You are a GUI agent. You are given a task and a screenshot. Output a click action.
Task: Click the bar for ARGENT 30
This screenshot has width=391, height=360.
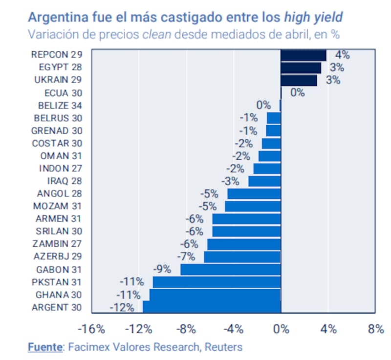(x=212, y=307)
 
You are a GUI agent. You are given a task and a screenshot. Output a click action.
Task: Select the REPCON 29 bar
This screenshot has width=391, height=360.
(x=303, y=55)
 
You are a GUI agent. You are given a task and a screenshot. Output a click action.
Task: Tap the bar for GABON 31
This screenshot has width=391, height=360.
(x=230, y=269)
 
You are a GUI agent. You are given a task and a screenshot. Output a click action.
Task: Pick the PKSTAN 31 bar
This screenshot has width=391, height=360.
(x=217, y=282)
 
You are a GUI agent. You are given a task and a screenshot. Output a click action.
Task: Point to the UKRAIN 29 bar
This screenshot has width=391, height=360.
(x=298, y=80)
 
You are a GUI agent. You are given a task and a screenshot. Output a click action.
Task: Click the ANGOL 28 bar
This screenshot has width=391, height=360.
(x=254, y=193)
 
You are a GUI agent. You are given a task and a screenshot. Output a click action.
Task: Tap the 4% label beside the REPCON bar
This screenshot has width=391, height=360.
(x=342, y=55)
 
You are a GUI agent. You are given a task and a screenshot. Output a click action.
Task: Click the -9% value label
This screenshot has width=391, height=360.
(x=162, y=269)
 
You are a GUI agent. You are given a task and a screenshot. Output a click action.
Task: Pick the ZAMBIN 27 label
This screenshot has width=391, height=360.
(x=58, y=244)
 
